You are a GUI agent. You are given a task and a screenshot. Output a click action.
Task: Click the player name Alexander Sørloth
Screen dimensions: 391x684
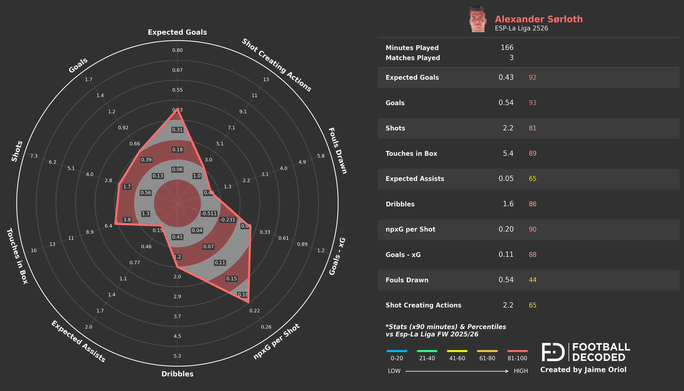click(x=538, y=19)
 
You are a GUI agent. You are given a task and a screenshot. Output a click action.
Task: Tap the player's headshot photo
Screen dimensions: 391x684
click(x=477, y=19)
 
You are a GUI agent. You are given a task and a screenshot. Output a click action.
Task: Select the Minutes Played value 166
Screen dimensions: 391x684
click(x=507, y=47)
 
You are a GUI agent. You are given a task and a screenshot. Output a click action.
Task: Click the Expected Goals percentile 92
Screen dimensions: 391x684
click(x=532, y=77)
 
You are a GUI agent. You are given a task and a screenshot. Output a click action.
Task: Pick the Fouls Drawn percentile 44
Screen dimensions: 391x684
click(x=532, y=280)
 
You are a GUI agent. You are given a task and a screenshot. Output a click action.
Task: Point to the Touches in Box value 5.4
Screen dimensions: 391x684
click(x=508, y=153)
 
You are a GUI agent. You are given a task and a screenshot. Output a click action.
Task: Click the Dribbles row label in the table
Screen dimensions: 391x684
click(x=400, y=204)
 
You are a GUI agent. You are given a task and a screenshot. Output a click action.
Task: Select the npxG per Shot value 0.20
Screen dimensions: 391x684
click(x=506, y=229)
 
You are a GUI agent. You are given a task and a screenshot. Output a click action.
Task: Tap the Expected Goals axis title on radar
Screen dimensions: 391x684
click(x=177, y=32)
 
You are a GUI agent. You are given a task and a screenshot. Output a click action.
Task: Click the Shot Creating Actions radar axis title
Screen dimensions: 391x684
click(x=276, y=65)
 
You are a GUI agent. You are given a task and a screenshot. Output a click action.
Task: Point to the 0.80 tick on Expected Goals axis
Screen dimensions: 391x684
click(x=177, y=50)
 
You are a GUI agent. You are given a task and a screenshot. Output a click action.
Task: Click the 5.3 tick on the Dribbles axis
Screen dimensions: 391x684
click(x=177, y=356)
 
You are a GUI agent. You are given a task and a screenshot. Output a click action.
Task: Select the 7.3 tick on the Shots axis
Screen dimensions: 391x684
click(x=34, y=156)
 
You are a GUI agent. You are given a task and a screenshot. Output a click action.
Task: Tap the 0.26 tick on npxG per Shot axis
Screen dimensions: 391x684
click(x=266, y=327)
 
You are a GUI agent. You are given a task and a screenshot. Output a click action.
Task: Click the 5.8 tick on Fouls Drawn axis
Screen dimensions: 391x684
click(x=321, y=156)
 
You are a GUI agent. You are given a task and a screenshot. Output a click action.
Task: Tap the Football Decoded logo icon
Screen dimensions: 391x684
click(x=553, y=352)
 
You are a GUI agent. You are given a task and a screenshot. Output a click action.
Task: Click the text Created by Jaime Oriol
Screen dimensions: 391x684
click(x=583, y=370)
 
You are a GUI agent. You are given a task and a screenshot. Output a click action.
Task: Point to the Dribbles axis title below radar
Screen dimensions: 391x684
click(x=177, y=374)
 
